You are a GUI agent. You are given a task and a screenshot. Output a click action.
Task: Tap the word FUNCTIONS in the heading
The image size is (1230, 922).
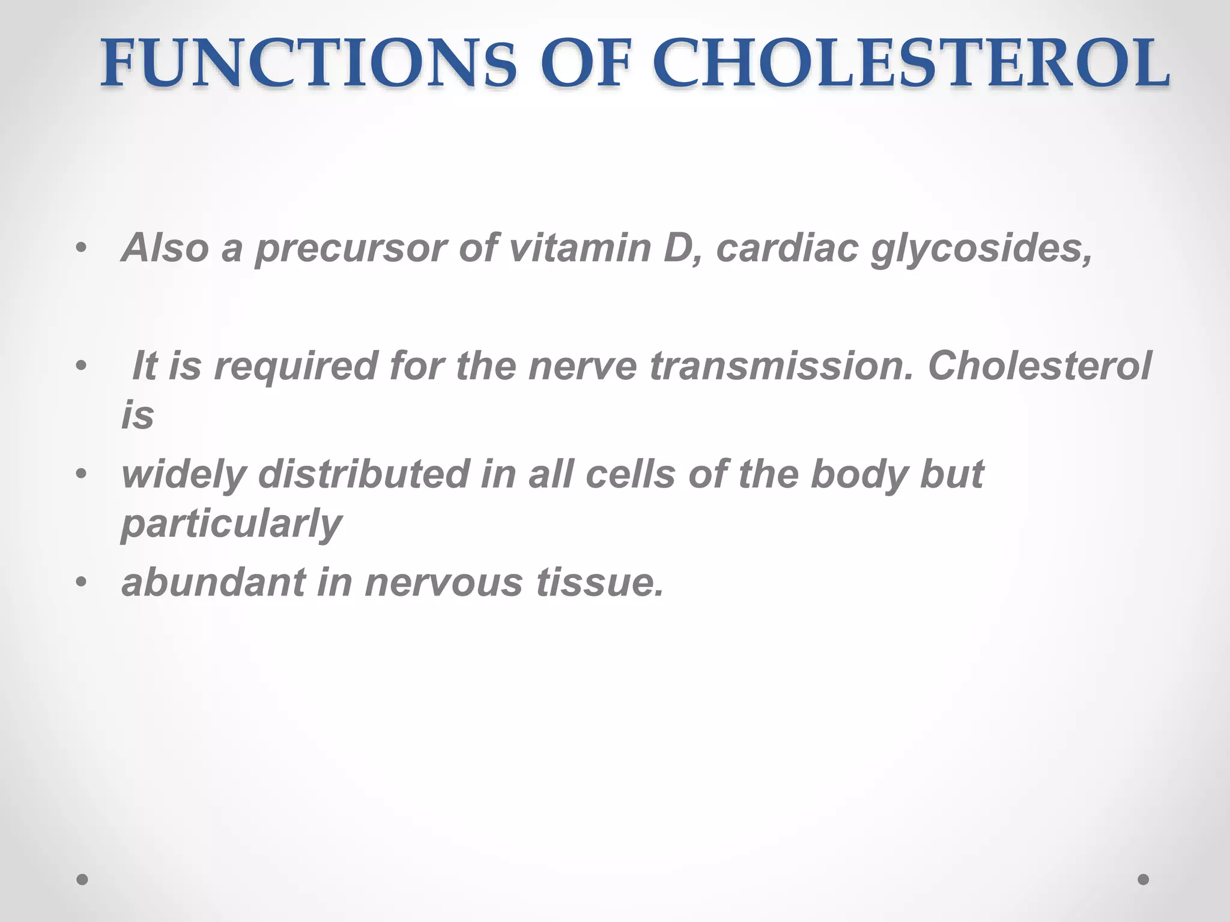click(307, 64)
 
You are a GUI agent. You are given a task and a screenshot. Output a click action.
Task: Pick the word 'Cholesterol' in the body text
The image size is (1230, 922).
click(1040, 366)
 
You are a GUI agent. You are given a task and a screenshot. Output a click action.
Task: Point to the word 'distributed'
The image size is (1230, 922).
click(364, 474)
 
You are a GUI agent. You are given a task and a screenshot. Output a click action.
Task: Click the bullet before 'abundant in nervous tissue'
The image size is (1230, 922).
click(82, 582)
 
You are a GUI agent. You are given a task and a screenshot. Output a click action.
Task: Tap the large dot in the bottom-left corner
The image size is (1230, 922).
click(83, 879)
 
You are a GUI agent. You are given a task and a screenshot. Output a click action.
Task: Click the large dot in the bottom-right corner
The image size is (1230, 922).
click(1144, 879)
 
